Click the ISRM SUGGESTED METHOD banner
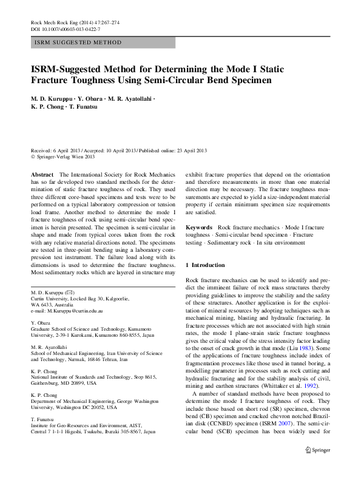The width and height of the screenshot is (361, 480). (x=70, y=43)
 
